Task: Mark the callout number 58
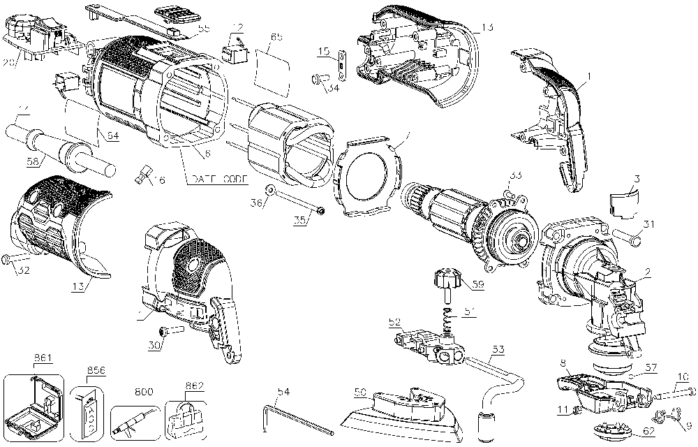coord(32,162)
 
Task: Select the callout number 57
coord(651,365)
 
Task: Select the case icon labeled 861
coord(34,403)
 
